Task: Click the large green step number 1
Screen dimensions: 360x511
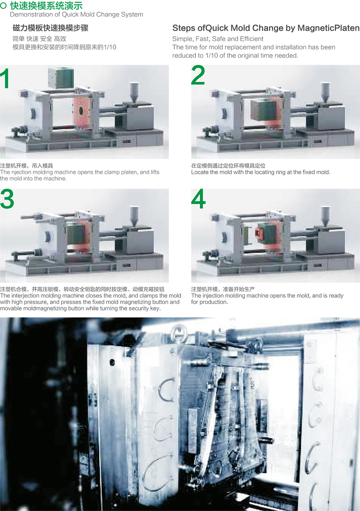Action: [x=5, y=78]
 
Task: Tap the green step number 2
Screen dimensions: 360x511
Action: [x=198, y=75]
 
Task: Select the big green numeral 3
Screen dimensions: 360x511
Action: [x=7, y=199]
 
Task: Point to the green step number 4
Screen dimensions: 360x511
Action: [x=198, y=199]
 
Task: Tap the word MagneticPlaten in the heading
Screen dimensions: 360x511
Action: [x=329, y=28]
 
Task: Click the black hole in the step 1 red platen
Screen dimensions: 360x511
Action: [x=81, y=110]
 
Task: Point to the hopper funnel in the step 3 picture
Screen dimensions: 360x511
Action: [x=134, y=216]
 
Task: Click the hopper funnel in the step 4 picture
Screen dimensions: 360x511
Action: [x=325, y=216]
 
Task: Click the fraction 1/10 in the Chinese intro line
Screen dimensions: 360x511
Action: [x=110, y=47]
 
